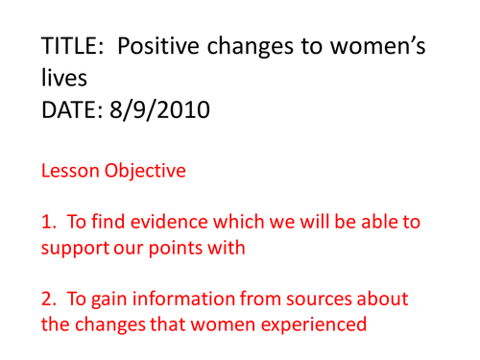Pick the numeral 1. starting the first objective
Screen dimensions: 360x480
49,223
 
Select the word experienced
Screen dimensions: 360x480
312,324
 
